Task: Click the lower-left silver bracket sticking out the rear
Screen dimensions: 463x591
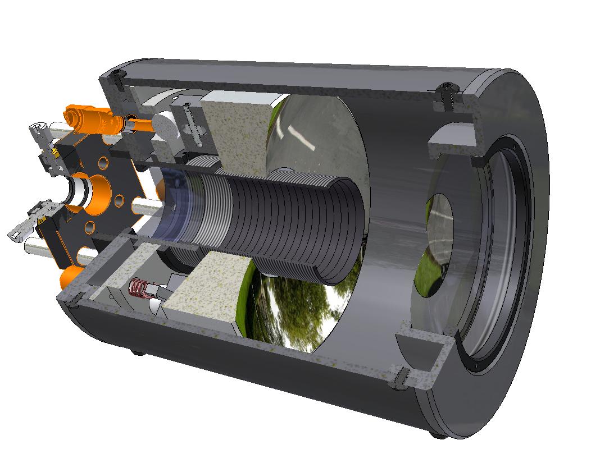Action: point(22,230)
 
